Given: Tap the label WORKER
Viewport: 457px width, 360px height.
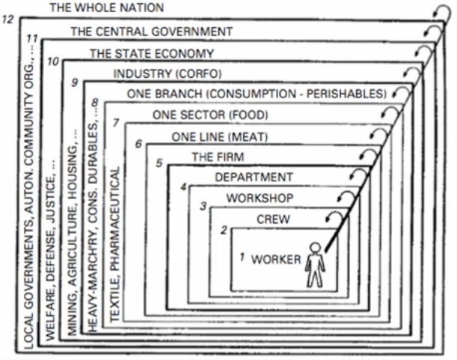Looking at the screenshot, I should [x=276, y=260].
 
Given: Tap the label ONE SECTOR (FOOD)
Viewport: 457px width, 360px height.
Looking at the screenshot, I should [x=210, y=115].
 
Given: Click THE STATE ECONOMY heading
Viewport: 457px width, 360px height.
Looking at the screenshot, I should [x=152, y=53].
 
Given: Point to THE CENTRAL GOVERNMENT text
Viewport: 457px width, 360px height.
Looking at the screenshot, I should [x=152, y=31].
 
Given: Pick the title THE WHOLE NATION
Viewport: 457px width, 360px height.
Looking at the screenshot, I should [x=107, y=7].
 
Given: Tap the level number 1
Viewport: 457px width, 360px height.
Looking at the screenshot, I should [x=242, y=257].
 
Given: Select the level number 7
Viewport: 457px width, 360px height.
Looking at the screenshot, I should [x=114, y=122].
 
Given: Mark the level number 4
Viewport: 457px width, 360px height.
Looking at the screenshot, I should [x=183, y=186].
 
